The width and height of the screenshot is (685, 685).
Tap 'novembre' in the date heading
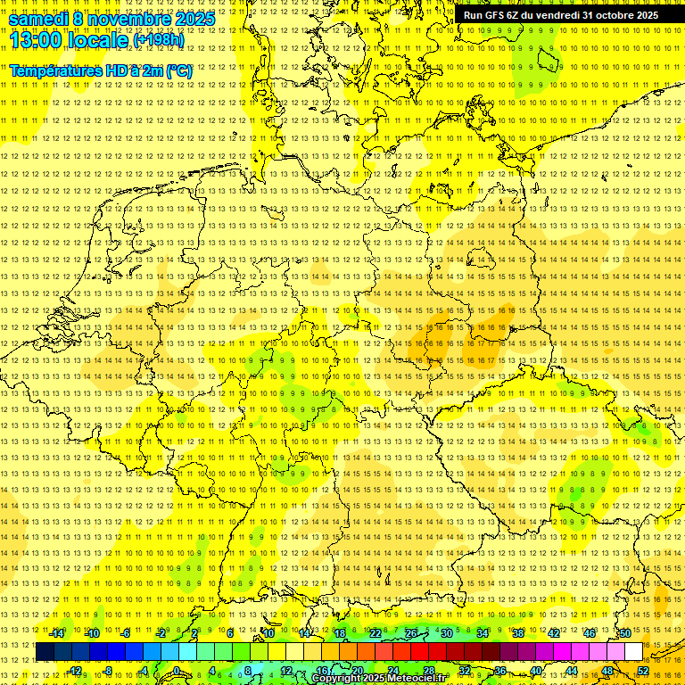coord(124,19)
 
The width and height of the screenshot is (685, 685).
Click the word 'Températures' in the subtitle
coord(54,70)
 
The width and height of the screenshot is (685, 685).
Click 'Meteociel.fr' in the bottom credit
coord(417,679)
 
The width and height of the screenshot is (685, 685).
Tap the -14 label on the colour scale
coord(57,633)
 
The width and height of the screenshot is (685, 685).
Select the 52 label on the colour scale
coord(642,671)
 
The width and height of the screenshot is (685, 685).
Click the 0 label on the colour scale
coord(177,671)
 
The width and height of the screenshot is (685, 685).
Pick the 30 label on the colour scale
coord(446,633)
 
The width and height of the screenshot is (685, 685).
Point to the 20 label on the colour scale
coord(357,671)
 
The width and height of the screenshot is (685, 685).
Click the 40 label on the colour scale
coord(535,671)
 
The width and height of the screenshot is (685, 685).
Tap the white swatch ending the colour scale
coord(632,652)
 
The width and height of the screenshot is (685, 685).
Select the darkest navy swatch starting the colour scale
coord(45,652)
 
